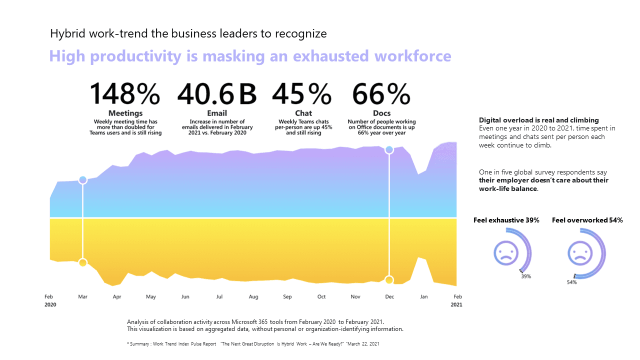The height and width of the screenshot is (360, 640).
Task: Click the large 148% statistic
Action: tap(124, 94)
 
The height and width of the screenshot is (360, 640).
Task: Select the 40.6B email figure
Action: tap(216, 94)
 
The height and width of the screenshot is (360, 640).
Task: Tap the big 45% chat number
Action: tap(301, 94)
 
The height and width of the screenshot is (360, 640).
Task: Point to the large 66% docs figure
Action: tap(381, 94)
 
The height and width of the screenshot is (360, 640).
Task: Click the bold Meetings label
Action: tap(125, 113)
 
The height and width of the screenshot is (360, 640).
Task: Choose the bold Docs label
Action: tap(381, 113)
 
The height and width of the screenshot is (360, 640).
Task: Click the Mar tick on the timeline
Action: tap(82, 296)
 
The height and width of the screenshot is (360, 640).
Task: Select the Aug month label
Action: tap(253, 296)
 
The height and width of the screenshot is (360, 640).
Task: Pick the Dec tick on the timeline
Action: tap(389, 296)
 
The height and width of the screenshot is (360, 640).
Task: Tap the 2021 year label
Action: tap(456, 304)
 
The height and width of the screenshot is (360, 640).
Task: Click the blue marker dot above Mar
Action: tap(83, 180)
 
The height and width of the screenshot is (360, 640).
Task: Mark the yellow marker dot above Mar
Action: tap(83, 262)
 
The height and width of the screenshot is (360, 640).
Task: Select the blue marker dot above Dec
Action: tap(389, 149)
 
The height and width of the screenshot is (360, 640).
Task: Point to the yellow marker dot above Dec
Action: tap(389, 280)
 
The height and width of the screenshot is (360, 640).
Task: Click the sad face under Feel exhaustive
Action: tap(506, 252)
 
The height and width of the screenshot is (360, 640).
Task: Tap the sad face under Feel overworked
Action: tap(580, 252)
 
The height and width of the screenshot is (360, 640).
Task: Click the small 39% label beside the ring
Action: tap(526, 276)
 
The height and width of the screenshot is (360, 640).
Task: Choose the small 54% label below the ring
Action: tap(571, 282)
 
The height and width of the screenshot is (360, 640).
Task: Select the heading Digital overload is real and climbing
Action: tap(539, 120)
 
